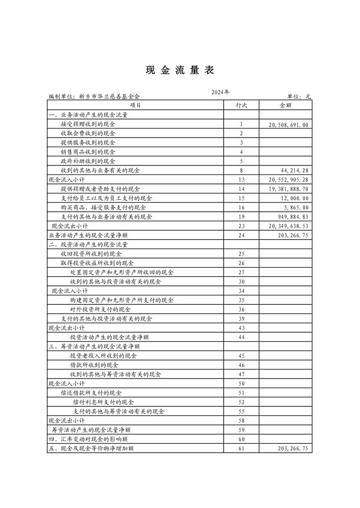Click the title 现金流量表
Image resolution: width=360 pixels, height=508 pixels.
click(x=180, y=70)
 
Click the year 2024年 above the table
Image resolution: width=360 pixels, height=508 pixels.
click(x=220, y=92)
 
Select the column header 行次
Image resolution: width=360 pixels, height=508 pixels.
click(x=241, y=105)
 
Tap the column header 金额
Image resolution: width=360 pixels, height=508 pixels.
click(x=286, y=105)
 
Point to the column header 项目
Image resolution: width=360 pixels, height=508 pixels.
click(x=135, y=105)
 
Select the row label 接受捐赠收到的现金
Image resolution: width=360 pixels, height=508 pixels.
click(x=88, y=124)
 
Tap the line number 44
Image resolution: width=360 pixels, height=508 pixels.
click(x=241, y=337)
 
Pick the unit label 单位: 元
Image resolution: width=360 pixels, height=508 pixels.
click(x=299, y=96)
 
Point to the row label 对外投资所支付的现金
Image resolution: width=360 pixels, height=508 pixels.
click(x=100, y=309)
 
